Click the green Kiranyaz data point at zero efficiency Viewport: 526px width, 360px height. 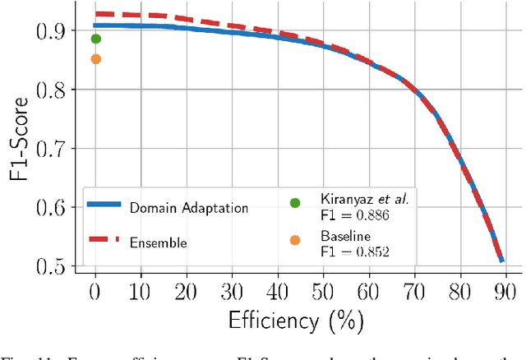95,39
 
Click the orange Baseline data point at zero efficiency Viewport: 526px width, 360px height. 95,59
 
